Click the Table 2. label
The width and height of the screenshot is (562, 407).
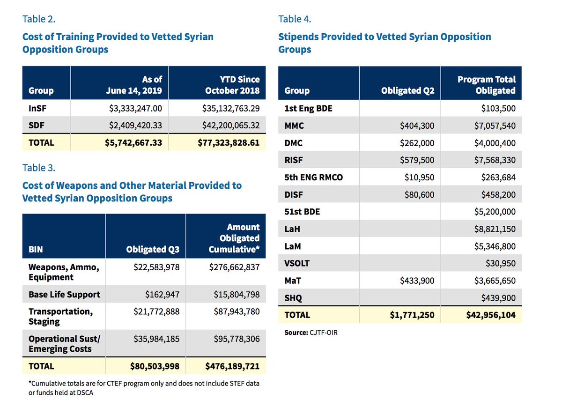point(39,20)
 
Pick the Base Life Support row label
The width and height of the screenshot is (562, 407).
point(64,295)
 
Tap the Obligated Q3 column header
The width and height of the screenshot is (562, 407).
point(153,250)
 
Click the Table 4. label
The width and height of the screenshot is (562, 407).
point(295,19)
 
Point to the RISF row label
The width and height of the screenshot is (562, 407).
point(294,160)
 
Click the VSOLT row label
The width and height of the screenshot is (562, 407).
point(297,263)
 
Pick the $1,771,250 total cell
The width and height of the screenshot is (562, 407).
point(412,315)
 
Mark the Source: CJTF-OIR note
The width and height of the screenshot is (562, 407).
point(311,333)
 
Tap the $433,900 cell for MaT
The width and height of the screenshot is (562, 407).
point(417,281)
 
